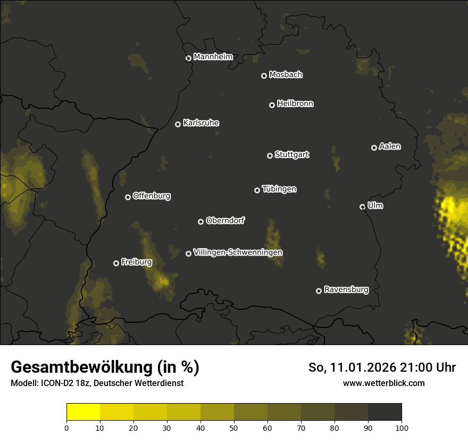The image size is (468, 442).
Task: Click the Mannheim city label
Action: pos(213,57)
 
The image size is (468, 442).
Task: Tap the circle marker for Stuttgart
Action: pos(270,155)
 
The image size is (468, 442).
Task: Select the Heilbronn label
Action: pos(295,104)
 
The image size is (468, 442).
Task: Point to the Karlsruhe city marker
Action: pos(178,124)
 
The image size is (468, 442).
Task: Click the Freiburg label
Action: pos(136,262)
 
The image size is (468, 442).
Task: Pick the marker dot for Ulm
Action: pos(362,207)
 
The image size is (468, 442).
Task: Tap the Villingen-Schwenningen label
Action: pos(238,252)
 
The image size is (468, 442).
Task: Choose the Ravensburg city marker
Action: pos(319,291)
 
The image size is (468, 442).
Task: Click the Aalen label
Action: pos(390,146)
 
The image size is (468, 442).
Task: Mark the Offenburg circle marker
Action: pos(128,197)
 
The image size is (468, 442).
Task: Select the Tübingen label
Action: pos(279,189)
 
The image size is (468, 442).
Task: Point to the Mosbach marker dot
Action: pos(263,76)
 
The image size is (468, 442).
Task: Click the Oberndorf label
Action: pos(225,220)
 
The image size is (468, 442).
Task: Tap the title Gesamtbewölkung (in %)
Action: pos(105,367)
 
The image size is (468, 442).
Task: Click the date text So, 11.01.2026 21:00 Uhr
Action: pos(382,367)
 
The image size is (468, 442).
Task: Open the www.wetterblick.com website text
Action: pos(383,383)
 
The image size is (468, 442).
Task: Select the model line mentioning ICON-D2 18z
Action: pos(97,383)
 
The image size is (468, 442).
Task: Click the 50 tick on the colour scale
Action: pos(234,427)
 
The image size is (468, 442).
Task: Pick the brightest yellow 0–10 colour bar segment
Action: pos(83,412)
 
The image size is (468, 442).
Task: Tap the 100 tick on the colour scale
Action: pos(402,427)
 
